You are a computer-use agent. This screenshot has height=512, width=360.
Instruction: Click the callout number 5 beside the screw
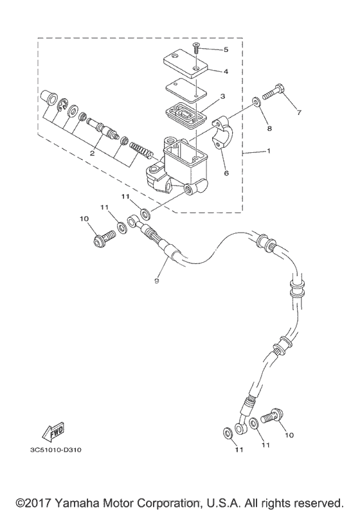[226, 50]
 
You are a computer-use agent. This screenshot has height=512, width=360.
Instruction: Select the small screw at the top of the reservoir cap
[196, 49]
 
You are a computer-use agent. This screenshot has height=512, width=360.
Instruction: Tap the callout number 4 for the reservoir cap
[226, 71]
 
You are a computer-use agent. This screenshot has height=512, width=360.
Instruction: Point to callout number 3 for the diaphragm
[222, 96]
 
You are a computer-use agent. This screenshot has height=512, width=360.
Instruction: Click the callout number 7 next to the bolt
[299, 112]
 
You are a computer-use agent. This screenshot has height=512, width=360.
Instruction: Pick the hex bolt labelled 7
[273, 89]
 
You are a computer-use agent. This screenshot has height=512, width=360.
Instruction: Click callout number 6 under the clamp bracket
[226, 173]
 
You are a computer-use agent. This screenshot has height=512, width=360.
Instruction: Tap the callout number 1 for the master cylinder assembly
[269, 151]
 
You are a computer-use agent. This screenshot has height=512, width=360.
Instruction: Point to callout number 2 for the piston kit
[92, 153]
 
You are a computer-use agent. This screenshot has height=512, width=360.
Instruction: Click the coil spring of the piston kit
[141, 149]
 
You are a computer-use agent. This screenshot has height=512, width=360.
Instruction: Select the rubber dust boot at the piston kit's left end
[48, 98]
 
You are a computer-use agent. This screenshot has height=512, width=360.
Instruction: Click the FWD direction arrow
[53, 431]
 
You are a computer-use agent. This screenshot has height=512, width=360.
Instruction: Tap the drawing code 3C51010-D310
[56, 450]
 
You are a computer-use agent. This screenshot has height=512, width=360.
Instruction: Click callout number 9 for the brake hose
[156, 281]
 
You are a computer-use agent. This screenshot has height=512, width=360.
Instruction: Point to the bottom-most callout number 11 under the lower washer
[239, 450]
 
